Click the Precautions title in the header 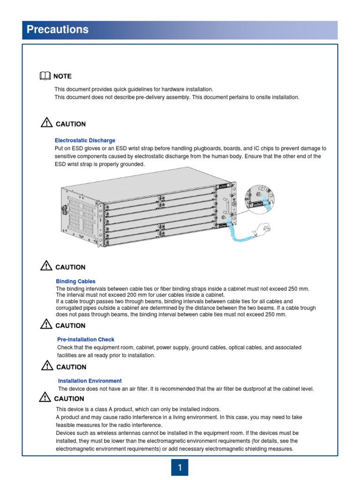[x=57, y=30]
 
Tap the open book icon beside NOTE [x=45, y=76]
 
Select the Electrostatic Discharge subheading [x=85, y=140]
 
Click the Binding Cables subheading [x=75, y=281]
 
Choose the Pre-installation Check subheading [x=86, y=339]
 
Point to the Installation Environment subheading [x=90, y=381]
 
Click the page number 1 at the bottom [x=180, y=467]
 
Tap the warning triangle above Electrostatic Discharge [x=46, y=123]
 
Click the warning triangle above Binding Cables [x=46, y=266]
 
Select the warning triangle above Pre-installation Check [x=46, y=324]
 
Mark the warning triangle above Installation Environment [x=46, y=366]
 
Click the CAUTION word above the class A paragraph [x=69, y=399]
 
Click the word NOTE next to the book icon [x=62, y=76]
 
